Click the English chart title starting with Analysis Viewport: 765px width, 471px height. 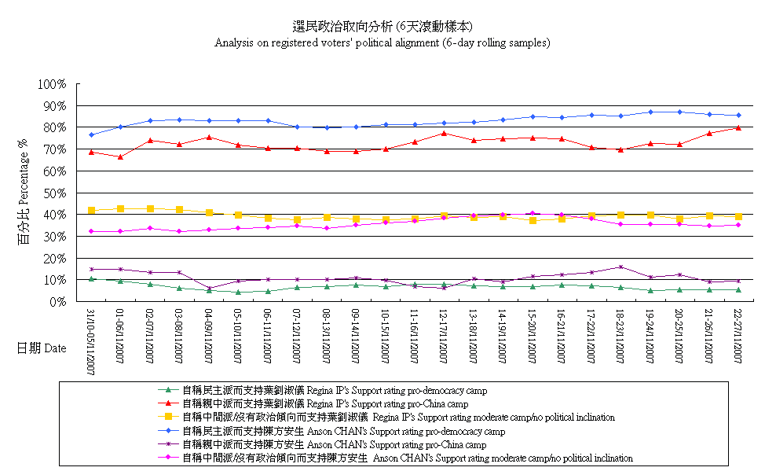(x=382, y=43)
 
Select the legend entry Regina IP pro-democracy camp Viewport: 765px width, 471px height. (x=334, y=389)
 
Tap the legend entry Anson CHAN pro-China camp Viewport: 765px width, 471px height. (x=334, y=444)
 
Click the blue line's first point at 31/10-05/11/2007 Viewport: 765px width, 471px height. (x=91, y=135)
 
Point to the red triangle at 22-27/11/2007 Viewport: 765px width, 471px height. (x=739, y=127)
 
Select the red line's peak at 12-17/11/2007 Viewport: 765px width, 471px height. (x=445, y=133)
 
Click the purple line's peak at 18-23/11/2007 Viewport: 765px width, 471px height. (x=621, y=267)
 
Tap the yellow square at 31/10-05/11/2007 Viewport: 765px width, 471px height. (x=91, y=210)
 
